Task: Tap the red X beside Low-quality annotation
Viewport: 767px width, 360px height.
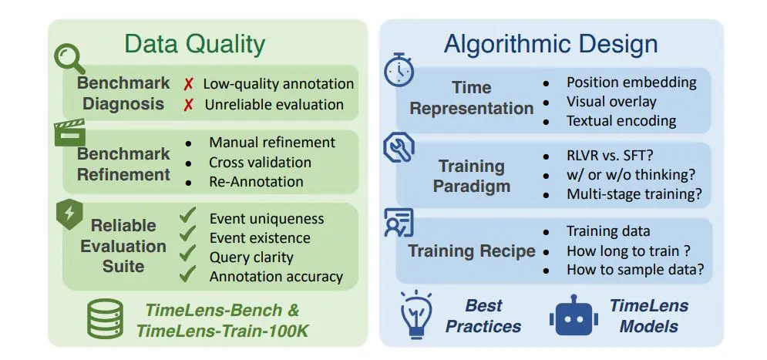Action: point(187,83)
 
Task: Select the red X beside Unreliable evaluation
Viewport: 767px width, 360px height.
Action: point(187,104)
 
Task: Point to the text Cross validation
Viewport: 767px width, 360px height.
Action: point(260,163)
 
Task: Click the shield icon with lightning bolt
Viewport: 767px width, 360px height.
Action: point(70,217)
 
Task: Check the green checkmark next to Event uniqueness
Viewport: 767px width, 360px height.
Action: point(187,217)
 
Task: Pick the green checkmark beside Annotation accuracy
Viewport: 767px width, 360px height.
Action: point(187,274)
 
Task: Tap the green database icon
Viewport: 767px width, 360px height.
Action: point(105,318)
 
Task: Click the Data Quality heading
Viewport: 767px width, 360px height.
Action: point(195,44)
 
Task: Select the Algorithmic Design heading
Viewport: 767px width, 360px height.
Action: point(550,44)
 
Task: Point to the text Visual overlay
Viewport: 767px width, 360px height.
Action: point(611,101)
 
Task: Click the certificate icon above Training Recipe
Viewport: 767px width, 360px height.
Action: point(399,223)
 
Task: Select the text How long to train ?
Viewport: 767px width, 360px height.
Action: point(629,251)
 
